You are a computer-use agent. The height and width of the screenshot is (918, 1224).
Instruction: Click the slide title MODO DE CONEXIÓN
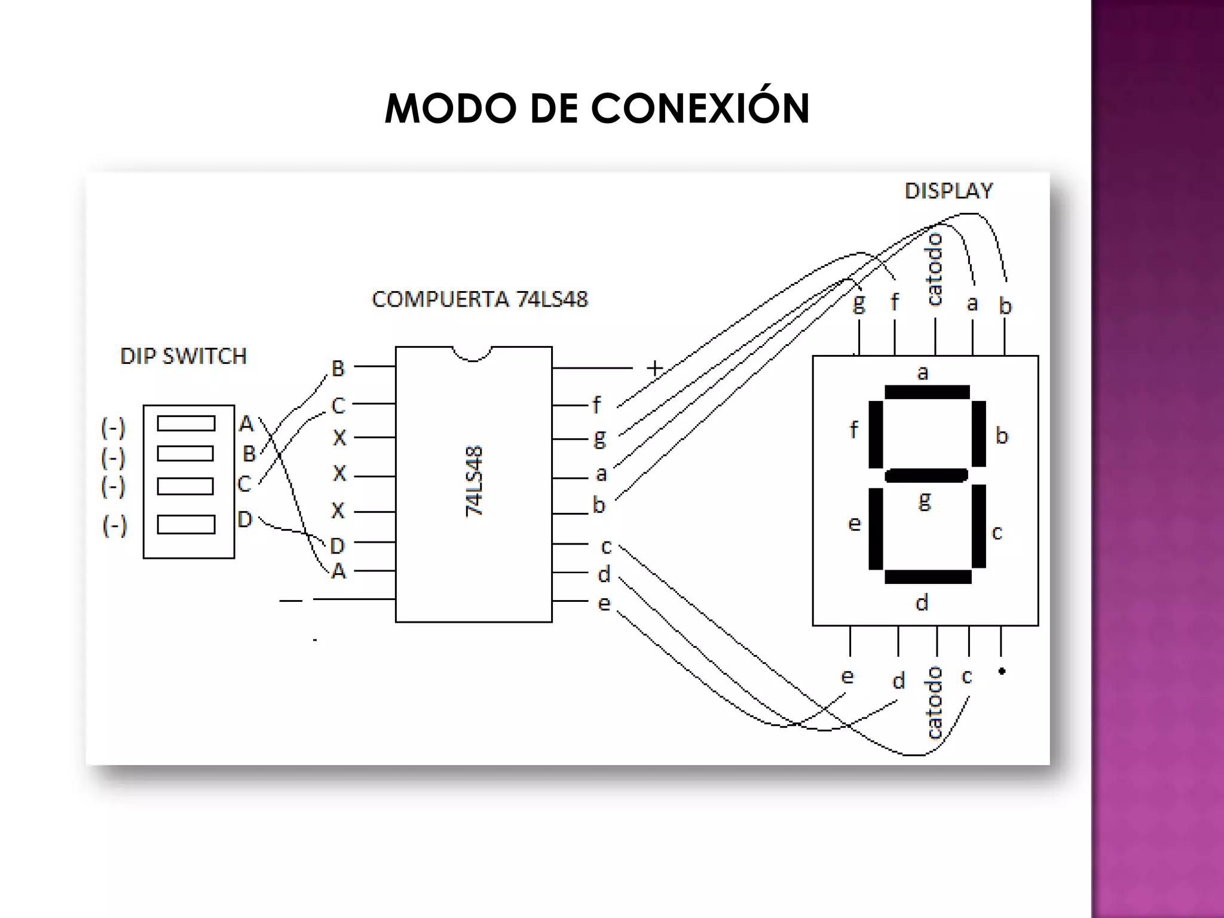pos(596,109)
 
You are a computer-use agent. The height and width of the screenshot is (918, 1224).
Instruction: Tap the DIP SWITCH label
pos(183,356)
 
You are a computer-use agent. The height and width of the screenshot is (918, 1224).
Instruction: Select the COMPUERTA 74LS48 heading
pos(480,299)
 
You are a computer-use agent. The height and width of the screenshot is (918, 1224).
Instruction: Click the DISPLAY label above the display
pos(948,191)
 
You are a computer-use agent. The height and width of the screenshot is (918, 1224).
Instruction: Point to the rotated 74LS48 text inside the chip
pos(474,481)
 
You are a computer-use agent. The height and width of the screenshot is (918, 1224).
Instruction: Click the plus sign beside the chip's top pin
pos(655,368)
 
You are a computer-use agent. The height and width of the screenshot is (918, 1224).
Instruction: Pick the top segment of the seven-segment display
pos(927,392)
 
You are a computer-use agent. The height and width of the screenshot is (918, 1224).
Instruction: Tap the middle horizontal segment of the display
pos(926,476)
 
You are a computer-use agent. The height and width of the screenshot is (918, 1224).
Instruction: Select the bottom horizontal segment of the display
pos(928,577)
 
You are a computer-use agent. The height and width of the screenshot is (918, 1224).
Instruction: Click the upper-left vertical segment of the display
pos(876,434)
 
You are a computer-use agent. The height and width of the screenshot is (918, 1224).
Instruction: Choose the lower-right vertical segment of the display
pos(978,526)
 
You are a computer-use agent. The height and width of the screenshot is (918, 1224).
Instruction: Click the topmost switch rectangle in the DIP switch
pos(186,423)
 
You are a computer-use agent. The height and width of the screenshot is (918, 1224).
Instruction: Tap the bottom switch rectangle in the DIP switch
pos(186,524)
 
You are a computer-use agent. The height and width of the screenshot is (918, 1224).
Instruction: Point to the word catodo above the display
pos(934,270)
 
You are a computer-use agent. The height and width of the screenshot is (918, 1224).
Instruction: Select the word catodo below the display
pos(934,703)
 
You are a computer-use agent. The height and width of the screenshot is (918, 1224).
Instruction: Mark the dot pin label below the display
pos(1002,671)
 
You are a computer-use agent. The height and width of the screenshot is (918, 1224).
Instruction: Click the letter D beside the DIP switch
pos(245,519)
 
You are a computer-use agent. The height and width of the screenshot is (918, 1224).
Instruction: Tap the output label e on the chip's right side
pos(604,604)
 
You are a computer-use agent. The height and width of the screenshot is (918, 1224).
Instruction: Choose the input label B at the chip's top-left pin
pos(338,368)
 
